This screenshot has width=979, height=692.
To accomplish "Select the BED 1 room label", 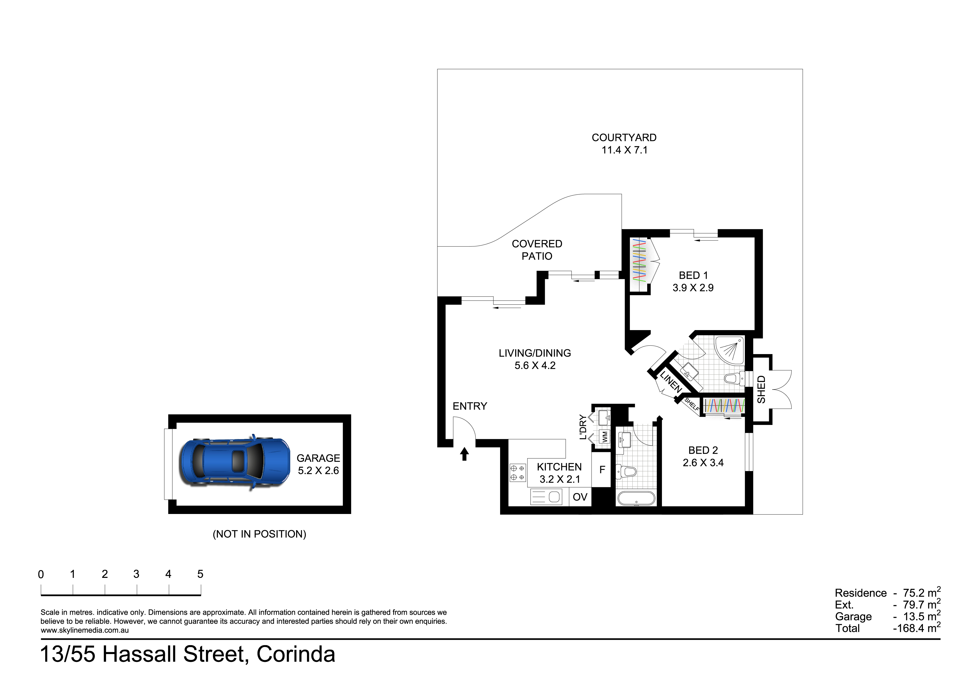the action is coord(693,275).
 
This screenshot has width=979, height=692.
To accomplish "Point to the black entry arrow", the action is coord(464,454).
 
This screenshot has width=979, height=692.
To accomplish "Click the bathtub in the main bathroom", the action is coord(636,498).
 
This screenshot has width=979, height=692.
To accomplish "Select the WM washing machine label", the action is coord(605,437).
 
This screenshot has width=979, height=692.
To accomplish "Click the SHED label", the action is coord(761,389).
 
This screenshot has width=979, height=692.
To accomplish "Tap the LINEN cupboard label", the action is coord(671,382).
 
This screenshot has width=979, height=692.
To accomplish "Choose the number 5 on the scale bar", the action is coord(200,574).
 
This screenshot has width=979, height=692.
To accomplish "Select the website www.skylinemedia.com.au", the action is coord(85,630).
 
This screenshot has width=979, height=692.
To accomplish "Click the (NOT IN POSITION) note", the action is coord(259,534).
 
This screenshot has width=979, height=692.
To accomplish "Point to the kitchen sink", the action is coord(545,497).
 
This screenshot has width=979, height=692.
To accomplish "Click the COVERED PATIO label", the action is coord(537,250).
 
